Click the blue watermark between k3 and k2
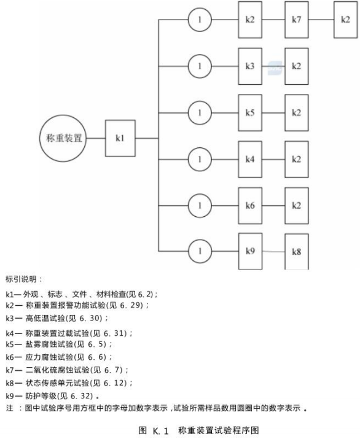coord(275,68)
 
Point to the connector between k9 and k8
coord(273,251)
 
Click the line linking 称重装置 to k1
coord(96,138)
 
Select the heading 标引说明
coord(22,279)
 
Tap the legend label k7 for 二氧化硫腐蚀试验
coord(10,370)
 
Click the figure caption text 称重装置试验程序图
coord(218,430)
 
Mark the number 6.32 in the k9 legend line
coord(80,396)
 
